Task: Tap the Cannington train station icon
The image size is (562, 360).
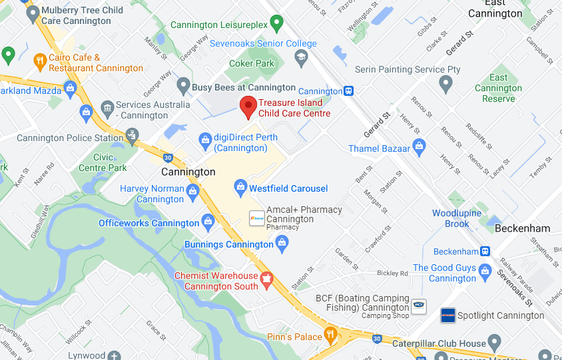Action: click(348, 91)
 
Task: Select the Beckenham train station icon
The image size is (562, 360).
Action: click(485, 252)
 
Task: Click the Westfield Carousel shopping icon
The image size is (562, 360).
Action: click(240, 188)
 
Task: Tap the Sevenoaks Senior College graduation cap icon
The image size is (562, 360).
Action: click(302, 58)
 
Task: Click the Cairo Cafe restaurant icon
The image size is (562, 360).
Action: click(39, 63)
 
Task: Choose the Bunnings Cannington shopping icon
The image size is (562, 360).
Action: click(282, 244)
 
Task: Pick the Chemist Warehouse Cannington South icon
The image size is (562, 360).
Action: click(266, 280)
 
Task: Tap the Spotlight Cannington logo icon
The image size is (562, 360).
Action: click(448, 315)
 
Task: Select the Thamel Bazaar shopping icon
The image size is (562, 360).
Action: click(420, 147)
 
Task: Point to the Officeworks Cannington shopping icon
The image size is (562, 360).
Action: click(208, 223)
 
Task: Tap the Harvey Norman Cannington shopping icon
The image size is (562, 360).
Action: click(193, 194)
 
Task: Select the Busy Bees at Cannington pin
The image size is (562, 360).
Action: click(183, 86)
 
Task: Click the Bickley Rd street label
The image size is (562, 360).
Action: click(392, 273)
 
